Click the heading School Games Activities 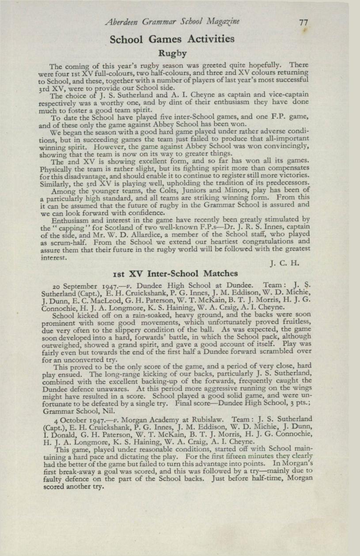(172, 39)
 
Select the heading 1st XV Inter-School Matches (176, 273)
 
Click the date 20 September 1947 (83, 285)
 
